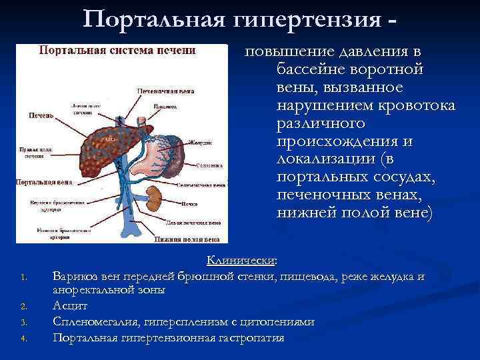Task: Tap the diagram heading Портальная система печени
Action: point(117,51)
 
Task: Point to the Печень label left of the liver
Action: point(41,115)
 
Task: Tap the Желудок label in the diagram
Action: point(201,143)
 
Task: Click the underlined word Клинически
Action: point(241,261)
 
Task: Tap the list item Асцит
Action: point(69,307)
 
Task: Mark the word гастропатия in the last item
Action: point(249,338)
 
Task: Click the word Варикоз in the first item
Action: point(73,276)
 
